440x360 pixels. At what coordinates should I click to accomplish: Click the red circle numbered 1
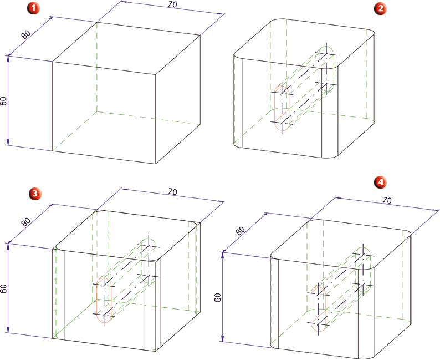point(33,8)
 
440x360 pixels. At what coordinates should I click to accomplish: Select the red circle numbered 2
point(380,8)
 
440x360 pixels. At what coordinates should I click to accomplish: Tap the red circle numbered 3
point(34,194)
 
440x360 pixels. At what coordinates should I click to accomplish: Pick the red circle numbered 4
point(381,182)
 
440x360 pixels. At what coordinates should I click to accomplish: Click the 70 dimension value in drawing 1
point(172,4)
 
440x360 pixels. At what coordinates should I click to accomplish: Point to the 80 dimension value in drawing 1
point(25,34)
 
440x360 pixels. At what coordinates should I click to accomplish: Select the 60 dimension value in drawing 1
point(4,101)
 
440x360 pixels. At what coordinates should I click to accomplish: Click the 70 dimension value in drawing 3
point(172,191)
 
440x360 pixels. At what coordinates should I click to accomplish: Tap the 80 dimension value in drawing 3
point(25,222)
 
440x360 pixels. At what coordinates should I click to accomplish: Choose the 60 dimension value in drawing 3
point(4,288)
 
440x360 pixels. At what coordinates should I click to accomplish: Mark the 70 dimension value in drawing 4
point(387,200)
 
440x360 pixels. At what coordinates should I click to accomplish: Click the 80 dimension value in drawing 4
point(240,231)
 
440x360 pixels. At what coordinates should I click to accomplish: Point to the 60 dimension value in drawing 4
point(218,297)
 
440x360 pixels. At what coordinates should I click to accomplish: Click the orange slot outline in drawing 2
point(274,108)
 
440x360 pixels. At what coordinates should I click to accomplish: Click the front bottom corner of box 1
point(156,164)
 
